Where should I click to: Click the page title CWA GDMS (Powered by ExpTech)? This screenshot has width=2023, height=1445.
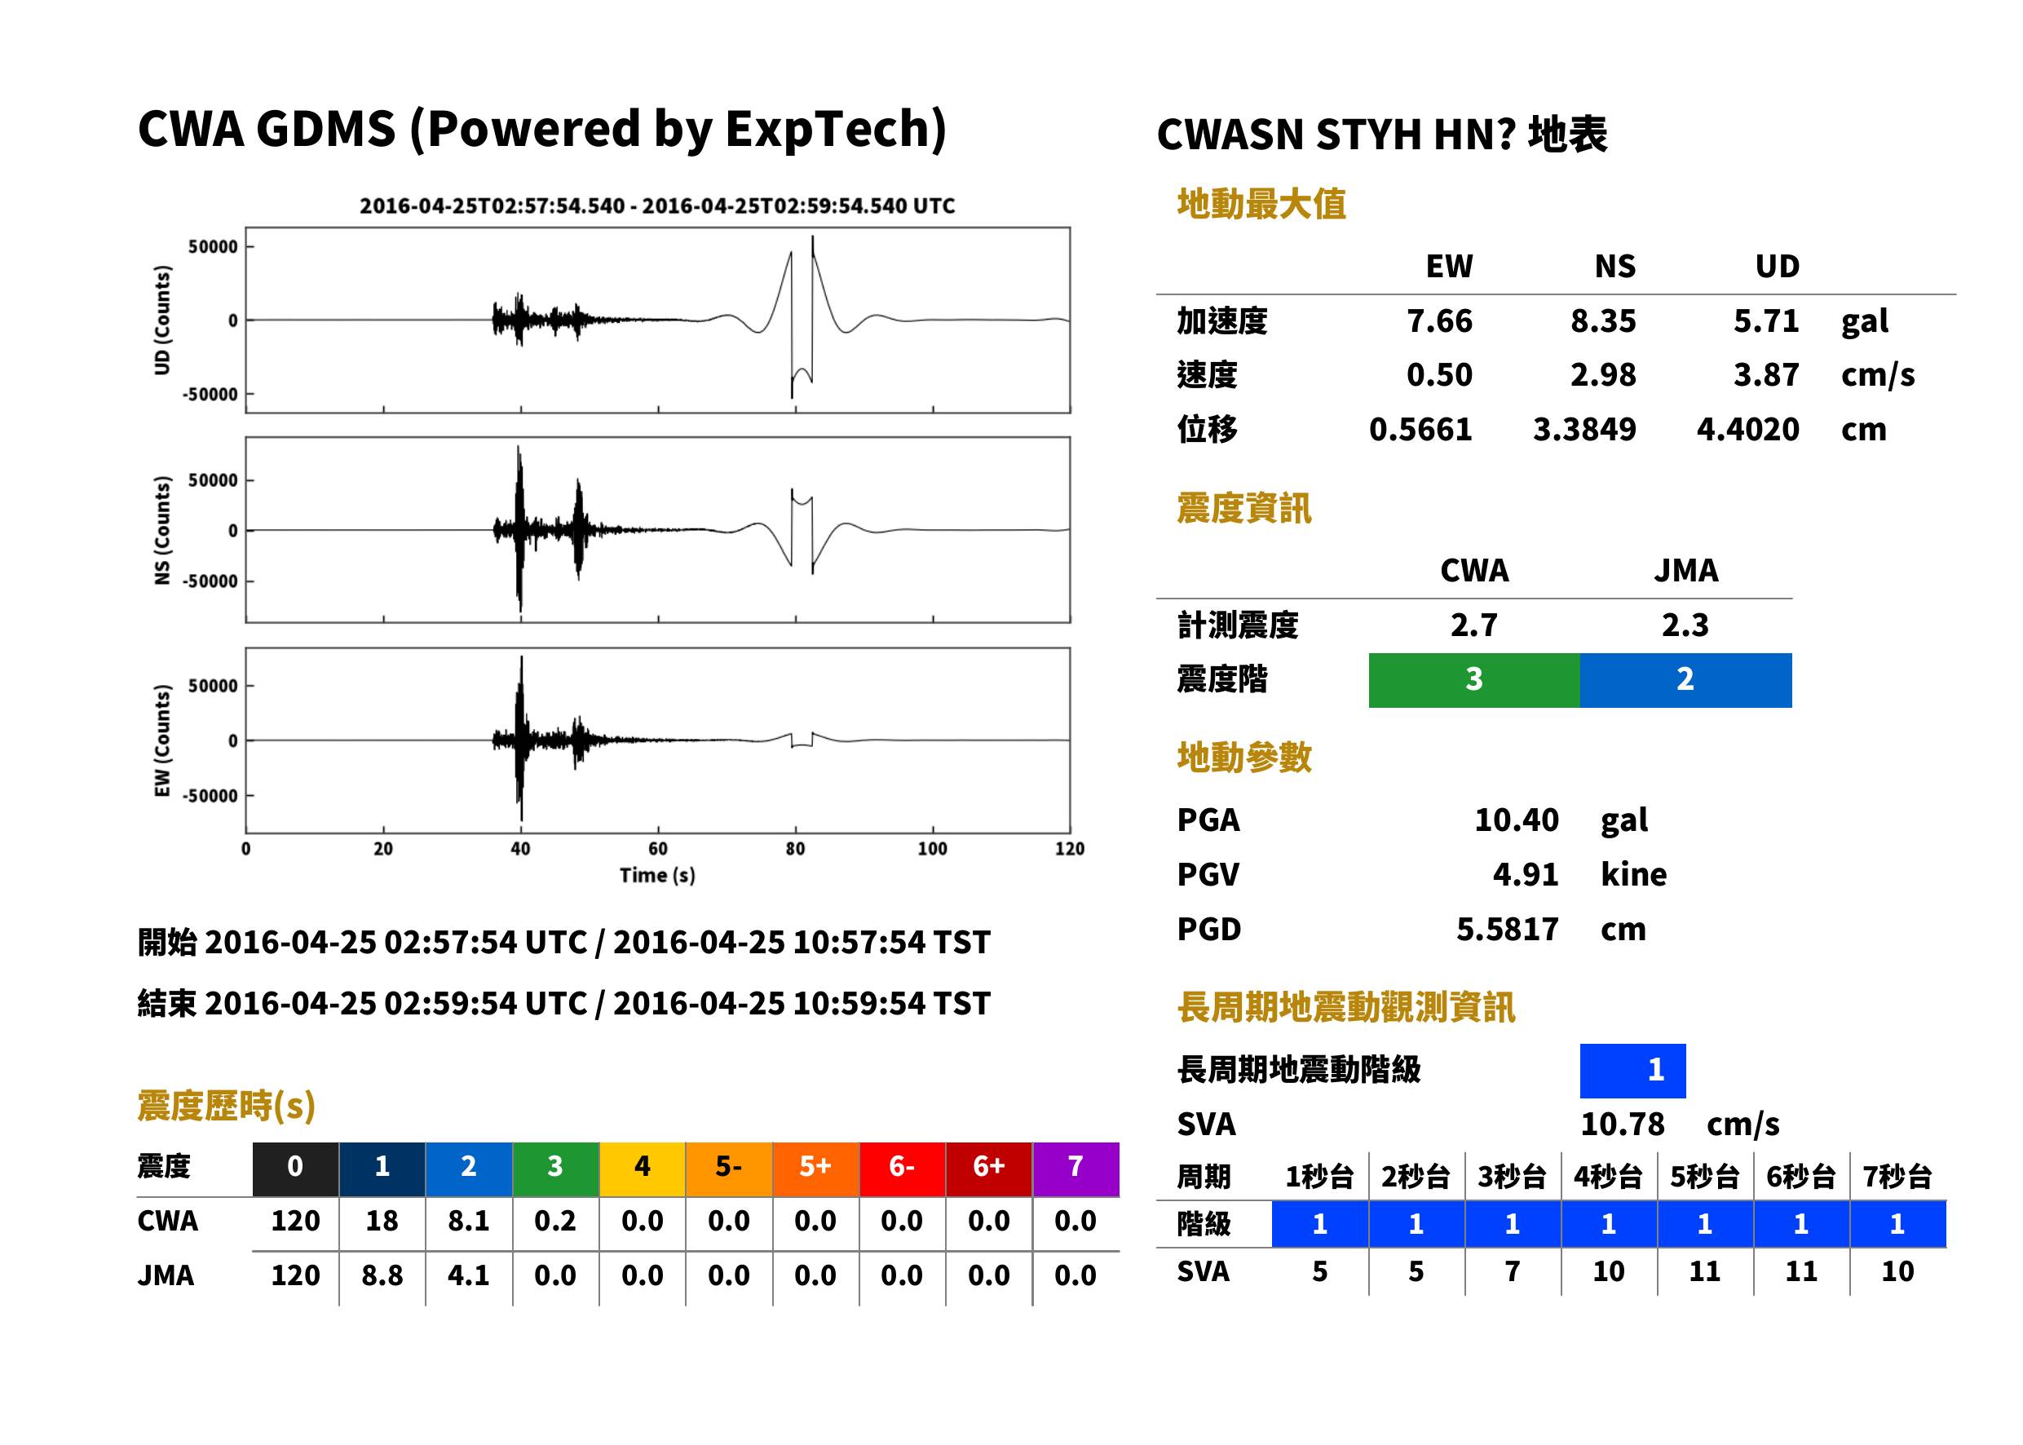(x=541, y=130)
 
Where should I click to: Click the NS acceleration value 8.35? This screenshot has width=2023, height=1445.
(x=1602, y=321)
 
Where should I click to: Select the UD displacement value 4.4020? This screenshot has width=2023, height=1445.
(x=1747, y=430)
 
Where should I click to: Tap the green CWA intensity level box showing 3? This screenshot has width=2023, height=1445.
(x=1474, y=680)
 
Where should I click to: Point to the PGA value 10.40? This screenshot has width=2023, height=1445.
(x=1516, y=820)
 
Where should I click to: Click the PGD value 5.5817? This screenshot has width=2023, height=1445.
(x=1507, y=929)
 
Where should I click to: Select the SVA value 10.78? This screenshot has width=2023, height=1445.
(x=1622, y=1124)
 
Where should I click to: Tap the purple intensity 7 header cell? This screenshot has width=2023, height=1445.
(x=1076, y=1166)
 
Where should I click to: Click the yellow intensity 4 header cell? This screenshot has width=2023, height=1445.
(x=643, y=1166)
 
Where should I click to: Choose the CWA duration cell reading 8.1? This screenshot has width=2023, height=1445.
(x=469, y=1221)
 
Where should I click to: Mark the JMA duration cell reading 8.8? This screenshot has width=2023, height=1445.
(x=382, y=1276)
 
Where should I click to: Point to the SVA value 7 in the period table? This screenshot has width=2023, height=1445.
(x=1512, y=1271)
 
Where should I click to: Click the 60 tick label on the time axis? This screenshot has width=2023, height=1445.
(x=657, y=849)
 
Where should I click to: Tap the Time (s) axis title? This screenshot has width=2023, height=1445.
(x=657, y=876)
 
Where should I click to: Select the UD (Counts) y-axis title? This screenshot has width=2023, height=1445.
(x=162, y=320)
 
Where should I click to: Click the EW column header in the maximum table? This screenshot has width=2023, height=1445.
(x=1449, y=267)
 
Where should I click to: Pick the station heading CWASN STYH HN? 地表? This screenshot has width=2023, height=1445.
(x=1381, y=135)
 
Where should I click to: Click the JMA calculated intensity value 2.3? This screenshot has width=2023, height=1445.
(x=1685, y=625)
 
